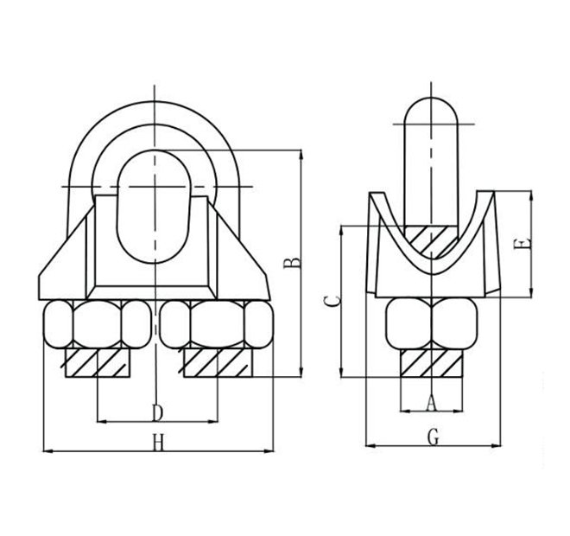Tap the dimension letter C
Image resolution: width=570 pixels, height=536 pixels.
coord(330,300)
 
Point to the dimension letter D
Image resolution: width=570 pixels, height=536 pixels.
coord(157,411)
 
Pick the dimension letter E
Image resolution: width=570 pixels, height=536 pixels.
coord(519,246)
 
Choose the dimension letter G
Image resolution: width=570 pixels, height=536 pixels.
coord(434,437)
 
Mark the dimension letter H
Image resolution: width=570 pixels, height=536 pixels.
coord(157,443)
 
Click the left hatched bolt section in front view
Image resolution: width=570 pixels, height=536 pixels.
coord(98,362)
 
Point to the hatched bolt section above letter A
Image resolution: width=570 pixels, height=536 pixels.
coord(434,362)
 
